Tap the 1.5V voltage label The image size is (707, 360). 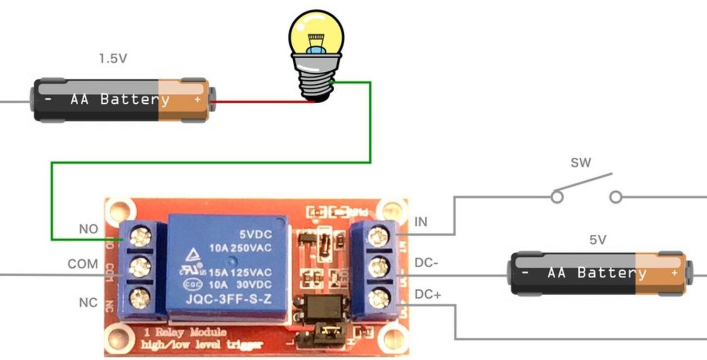coord(113,59)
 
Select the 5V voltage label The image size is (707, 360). coord(598,240)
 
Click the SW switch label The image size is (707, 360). coord(581,163)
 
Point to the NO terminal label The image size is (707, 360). coord(89,229)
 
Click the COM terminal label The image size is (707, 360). coord(83,264)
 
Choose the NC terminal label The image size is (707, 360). coord(89,303)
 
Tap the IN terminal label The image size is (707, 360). coord(421,222)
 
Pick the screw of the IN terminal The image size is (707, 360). coord(377,237)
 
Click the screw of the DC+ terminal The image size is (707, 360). coord(377,300)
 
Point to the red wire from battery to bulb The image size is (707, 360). coord(262,102)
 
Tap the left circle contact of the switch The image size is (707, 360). coord(558,198)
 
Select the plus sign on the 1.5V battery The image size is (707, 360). coord(197,99)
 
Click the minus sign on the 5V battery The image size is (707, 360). coord(525,273)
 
